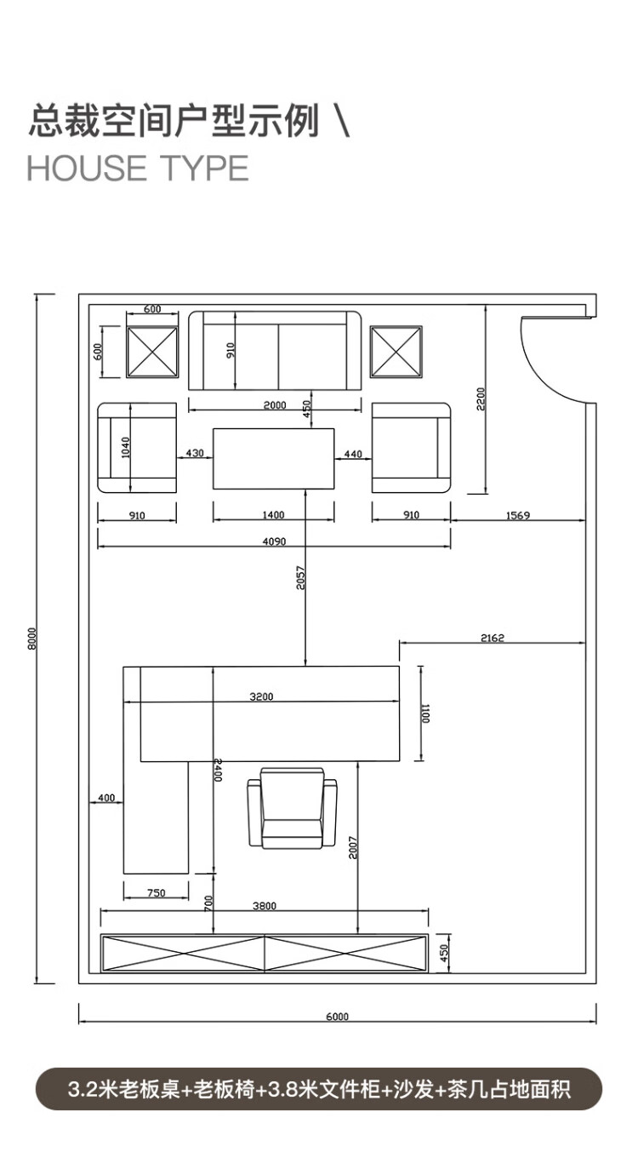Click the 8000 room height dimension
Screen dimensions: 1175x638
[31, 638]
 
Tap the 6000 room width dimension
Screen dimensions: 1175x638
[337, 1017]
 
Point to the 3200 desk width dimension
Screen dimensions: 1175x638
[261, 696]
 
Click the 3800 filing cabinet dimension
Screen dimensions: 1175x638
[265, 907]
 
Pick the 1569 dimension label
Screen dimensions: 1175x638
[518, 515]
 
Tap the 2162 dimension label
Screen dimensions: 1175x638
[492, 637]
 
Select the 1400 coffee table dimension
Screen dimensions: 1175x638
[273, 515]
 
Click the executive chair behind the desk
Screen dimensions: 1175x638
[292, 809]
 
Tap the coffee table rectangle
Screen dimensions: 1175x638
[273, 459]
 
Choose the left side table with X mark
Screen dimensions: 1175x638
[152, 351]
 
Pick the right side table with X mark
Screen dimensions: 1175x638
[396, 351]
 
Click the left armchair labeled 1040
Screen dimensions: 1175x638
[138, 448]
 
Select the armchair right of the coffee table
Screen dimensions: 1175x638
[411, 448]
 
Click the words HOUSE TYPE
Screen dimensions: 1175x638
[138, 169]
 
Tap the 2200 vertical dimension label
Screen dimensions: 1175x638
[480, 398]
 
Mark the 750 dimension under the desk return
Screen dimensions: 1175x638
[156, 893]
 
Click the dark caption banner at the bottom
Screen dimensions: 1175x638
[319, 1089]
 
